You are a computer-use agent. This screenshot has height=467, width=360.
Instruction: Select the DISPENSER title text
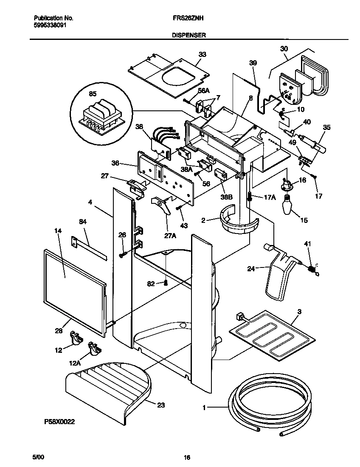pyautogui.click(x=189, y=36)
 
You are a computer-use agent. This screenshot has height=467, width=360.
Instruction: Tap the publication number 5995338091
pyautogui.click(x=49, y=25)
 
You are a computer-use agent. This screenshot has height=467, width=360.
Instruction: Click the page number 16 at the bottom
pyautogui.click(x=186, y=457)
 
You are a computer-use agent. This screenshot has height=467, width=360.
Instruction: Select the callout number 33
pyautogui.click(x=202, y=54)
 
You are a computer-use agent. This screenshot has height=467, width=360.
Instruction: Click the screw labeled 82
pyautogui.click(x=167, y=283)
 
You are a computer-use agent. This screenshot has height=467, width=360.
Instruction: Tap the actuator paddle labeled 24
pyautogui.click(x=280, y=276)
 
